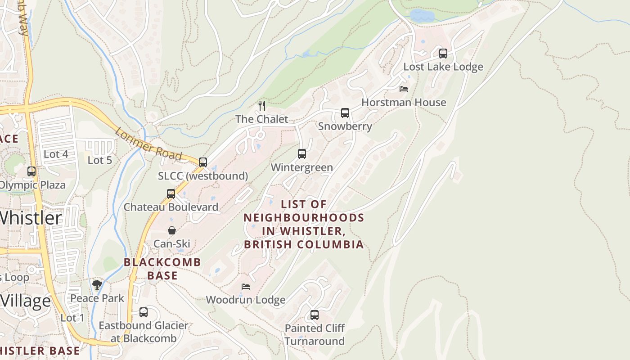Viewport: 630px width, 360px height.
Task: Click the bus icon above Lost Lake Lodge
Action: click(443, 54)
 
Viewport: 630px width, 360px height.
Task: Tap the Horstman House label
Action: click(404, 103)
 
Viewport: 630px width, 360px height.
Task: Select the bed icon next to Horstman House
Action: click(404, 89)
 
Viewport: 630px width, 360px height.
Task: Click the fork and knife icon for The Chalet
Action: click(262, 106)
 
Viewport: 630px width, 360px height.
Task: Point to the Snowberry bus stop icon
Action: click(345, 113)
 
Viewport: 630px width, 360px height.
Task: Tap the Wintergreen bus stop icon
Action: click(302, 154)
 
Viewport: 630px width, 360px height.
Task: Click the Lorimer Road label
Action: click(148, 144)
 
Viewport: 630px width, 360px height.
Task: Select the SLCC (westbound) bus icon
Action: click(203, 162)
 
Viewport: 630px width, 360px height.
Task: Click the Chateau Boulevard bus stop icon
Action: click(171, 194)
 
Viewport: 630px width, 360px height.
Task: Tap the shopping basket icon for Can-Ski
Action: click(172, 230)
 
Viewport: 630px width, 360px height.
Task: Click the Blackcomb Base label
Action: click(162, 269)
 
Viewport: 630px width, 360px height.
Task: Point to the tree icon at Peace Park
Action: click(97, 285)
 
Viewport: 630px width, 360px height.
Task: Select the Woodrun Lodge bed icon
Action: click(246, 286)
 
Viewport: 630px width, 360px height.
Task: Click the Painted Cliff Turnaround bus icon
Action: click(315, 315)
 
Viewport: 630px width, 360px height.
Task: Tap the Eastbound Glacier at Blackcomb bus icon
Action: click(144, 312)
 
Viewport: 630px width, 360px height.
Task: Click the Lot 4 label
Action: click(56, 154)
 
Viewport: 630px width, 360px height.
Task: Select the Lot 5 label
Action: click(99, 160)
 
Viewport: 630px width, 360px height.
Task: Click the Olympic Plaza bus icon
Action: click(31, 171)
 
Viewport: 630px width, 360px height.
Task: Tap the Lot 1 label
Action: click(72, 318)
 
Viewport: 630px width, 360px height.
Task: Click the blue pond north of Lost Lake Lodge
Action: click(422, 16)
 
